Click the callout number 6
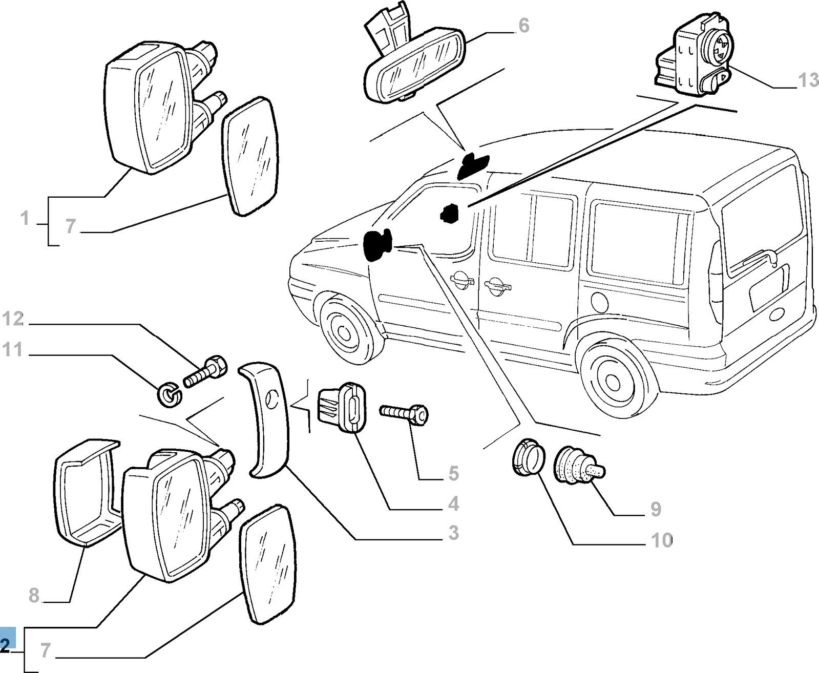[x=523, y=25]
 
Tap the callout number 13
[x=808, y=80]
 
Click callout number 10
[x=661, y=540]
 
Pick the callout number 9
[x=656, y=509]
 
